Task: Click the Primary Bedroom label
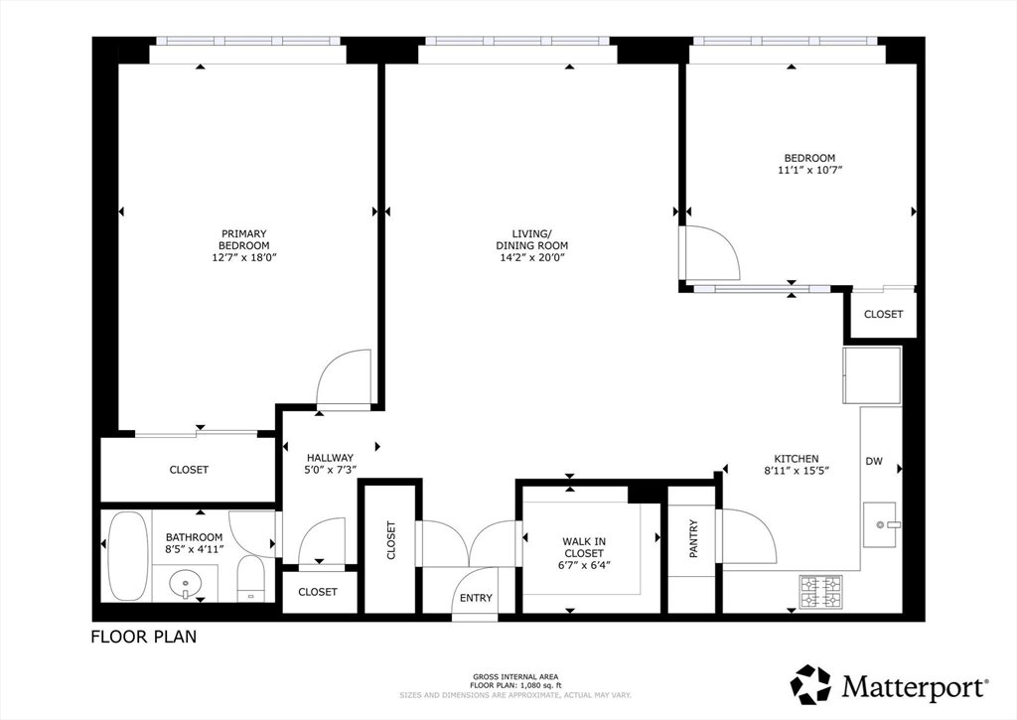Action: pyautogui.click(x=244, y=239)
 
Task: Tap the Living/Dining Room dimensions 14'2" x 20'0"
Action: pyautogui.click(x=532, y=257)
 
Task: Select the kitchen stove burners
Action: pyautogui.click(x=821, y=592)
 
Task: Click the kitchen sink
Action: pyautogui.click(x=881, y=524)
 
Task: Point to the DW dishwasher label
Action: pyautogui.click(x=874, y=461)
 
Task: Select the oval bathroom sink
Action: pyautogui.click(x=186, y=583)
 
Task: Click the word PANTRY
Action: pyautogui.click(x=693, y=538)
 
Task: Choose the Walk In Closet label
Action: pyautogui.click(x=584, y=547)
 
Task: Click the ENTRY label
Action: pyautogui.click(x=476, y=598)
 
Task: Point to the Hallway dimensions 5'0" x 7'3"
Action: pyautogui.click(x=330, y=469)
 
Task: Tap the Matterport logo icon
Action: pyautogui.click(x=810, y=685)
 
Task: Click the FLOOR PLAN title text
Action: pyautogui.click(x=143, y=637)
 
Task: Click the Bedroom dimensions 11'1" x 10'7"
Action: pyautogui.click(x=809, y=170)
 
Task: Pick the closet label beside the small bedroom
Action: pyautogui.click(x=883, y=314)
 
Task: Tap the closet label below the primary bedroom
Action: pyautogui.click(x=189, y=470)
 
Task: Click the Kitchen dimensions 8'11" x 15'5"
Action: pyautogui.click(x=797, y=471)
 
